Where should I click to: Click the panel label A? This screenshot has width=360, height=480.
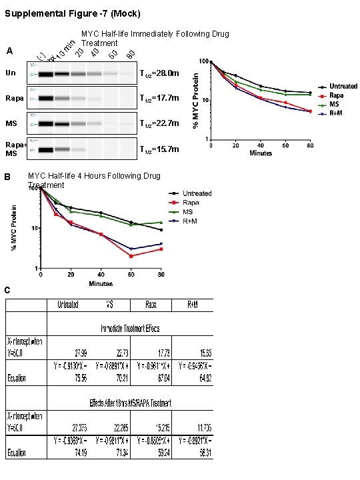(x=9, y=51)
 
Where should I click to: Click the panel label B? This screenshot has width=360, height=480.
(x=7, y=177)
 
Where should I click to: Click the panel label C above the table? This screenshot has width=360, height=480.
(x=7, y=290)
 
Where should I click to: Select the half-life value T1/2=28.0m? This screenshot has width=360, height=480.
(x=159, y=73)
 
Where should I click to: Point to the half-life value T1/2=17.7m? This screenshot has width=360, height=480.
(x=159, y=98)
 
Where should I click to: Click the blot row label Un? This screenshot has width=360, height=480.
(x=10, y=73)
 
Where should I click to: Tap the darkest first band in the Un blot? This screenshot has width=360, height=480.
(x=45, y=73)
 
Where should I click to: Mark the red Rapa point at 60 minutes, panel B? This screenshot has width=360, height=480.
(x=131, y=256)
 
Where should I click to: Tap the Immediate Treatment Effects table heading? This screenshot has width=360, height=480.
(x=130, y=328)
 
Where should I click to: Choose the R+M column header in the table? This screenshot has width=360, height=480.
(x=192, y=305)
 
